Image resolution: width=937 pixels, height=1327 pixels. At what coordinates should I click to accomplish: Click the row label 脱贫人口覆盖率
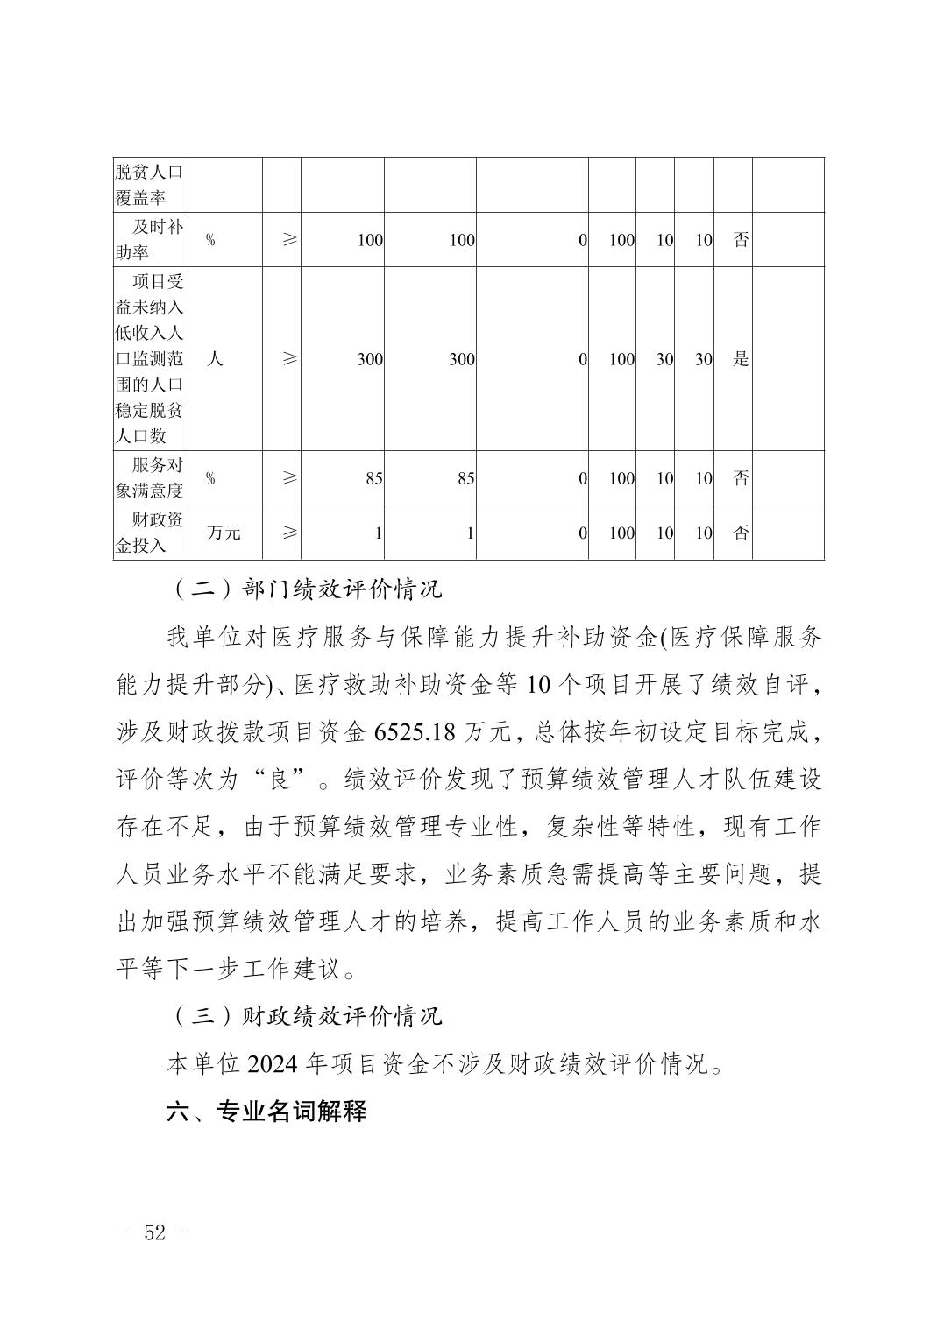point(149,185)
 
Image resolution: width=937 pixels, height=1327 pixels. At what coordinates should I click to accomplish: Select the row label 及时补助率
point(149,239)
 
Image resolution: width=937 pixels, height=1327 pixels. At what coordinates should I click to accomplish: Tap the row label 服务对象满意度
point(149,478)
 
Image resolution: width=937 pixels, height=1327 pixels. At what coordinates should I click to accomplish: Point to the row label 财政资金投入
point(149,533)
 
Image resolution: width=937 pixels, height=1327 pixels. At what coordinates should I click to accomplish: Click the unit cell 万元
point(224,533)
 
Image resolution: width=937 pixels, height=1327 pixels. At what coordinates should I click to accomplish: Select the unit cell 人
point(214,359)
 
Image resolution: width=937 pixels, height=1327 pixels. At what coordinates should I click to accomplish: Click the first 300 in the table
point(369,359)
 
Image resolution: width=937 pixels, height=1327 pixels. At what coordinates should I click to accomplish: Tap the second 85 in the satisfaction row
point(465,479)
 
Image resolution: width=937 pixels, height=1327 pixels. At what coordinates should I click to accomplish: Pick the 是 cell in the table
point(741,359)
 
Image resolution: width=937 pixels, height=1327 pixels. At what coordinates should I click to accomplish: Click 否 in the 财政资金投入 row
point(741,533)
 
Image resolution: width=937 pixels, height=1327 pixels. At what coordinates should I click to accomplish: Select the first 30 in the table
point(664,359)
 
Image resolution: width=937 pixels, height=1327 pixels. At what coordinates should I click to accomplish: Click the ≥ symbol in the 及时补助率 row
point(289,239)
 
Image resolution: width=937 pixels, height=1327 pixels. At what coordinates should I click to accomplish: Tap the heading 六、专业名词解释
point(266,1112)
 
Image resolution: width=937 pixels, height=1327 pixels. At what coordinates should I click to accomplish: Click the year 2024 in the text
point(274,1064)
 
